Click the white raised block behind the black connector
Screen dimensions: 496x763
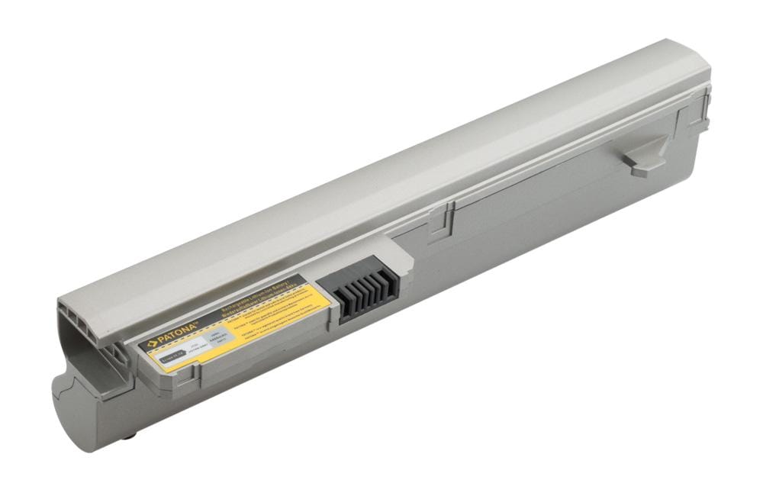pyautogui.click(x=400, y=256)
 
